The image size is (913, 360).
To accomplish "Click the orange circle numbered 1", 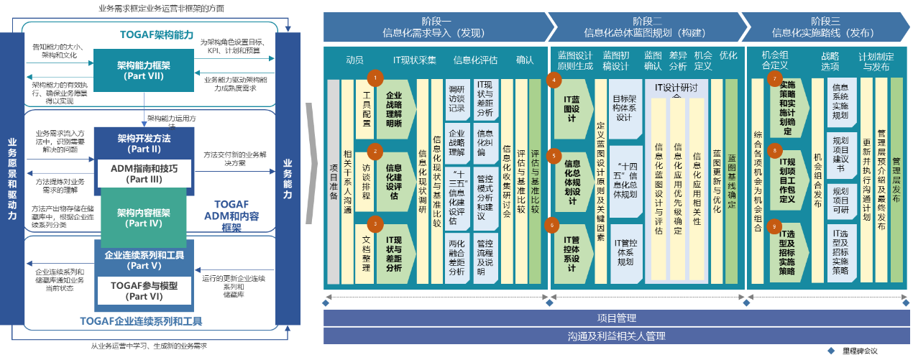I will point(373,76).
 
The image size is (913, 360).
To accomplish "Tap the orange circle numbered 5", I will point(554,154).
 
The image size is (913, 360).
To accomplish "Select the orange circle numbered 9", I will point(774,227).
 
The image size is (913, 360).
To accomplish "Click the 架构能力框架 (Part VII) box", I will point(142,70).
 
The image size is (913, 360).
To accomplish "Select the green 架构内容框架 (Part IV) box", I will point(143,218).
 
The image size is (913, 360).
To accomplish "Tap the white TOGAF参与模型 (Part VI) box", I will point(144,290).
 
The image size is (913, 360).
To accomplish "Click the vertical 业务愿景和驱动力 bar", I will point(12,180).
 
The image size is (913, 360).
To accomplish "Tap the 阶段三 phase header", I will point(825,27).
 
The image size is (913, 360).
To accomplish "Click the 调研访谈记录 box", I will point(456,99).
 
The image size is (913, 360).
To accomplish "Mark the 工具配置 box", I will point(366,110).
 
